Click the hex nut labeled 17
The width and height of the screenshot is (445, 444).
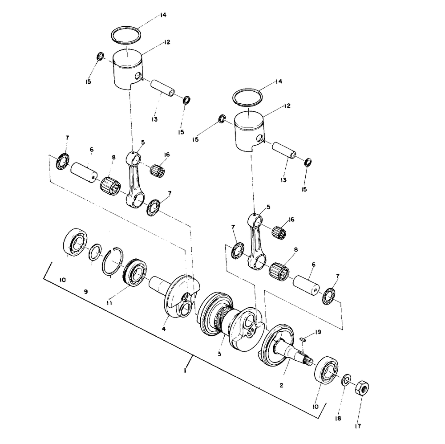coord(362,387)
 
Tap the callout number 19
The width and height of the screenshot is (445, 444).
coord(318,332)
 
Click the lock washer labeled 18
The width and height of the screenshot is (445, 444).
coord(346,380)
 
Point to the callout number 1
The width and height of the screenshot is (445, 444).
coord(185,371)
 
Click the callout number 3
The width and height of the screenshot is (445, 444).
coord(219,354)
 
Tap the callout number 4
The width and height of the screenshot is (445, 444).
coord(164,329)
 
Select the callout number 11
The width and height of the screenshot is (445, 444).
coord(109,303)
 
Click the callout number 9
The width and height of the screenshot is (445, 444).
coord(86,291)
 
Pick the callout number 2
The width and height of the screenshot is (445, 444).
coord(281,385)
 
